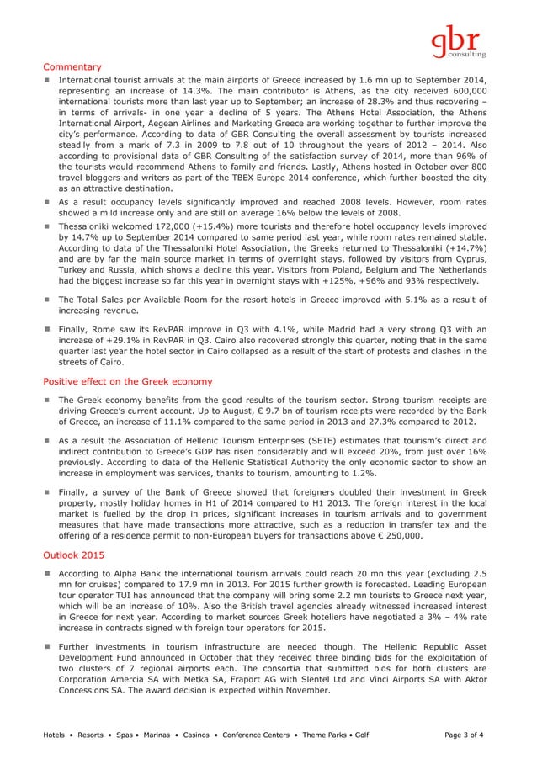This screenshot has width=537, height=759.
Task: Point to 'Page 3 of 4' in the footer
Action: click(469, 735)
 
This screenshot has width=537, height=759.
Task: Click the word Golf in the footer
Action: click(362, 735)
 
